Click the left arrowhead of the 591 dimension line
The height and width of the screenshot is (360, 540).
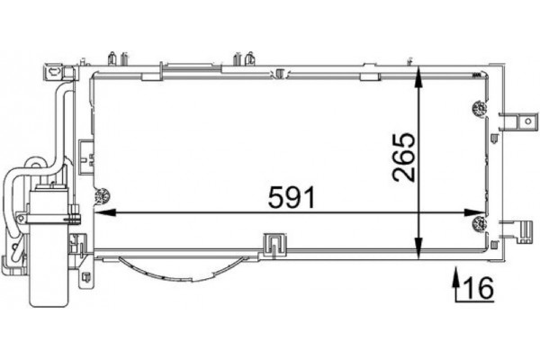[101, 214]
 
